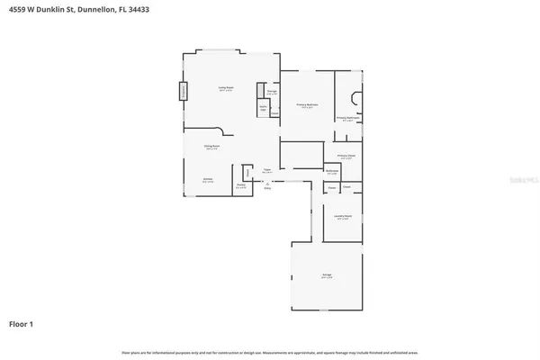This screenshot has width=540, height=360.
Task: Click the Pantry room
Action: (x=240, y=185)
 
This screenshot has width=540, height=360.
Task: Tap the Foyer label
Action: (x=267, y=169)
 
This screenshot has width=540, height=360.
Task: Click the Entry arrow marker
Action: (x=266, y=187)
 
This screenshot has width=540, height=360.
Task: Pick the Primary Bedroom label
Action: (x=307, y=105)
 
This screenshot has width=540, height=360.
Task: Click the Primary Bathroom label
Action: (x=348, y=117)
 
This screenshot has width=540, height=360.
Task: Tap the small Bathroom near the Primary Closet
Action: (x=332, y=172)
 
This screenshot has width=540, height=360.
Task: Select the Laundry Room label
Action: (x=343, y=218)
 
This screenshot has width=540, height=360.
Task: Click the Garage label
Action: (x=328, y=276)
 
